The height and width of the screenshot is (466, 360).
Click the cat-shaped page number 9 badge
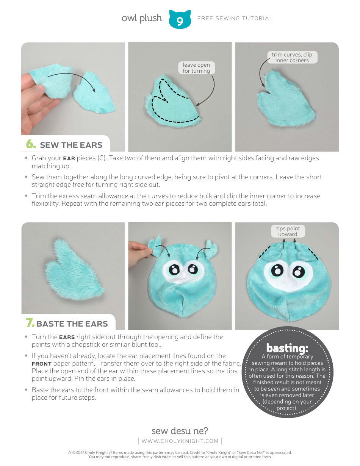click(180, 20)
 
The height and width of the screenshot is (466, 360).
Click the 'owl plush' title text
click(142, 18)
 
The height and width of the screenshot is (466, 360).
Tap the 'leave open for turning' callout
click(196, 68)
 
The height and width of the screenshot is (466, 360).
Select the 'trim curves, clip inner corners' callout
click(292, 57)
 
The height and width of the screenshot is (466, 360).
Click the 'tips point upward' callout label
click(288, 231)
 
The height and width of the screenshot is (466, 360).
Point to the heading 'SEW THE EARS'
click(71, 145)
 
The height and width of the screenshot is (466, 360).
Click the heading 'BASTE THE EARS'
click(72, 324)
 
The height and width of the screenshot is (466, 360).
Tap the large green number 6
click(31, 144)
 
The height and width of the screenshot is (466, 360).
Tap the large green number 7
click(30, 323)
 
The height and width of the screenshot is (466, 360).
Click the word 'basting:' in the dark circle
click(287, 348)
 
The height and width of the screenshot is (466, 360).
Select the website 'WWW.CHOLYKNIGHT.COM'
click(180, 441)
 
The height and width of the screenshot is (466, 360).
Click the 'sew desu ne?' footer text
click(180, 431)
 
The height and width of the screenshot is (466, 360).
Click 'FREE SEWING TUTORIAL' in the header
click(235, 18)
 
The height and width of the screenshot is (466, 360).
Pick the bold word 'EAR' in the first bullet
click(69, 158)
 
